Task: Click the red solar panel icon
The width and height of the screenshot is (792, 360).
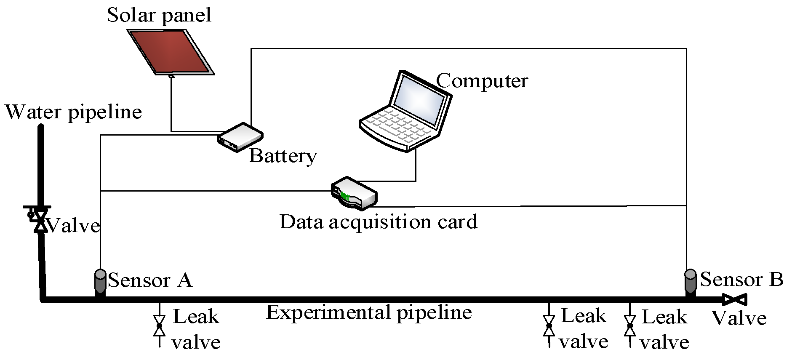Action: click(171, 51)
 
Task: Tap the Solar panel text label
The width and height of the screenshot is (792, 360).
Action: click(159, 15)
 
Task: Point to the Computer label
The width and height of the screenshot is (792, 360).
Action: click(482, 80)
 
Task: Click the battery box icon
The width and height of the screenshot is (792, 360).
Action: click(240, 137)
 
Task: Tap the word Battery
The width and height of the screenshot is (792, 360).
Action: click(283, 156)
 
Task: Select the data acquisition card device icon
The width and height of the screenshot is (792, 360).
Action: click(354, 193)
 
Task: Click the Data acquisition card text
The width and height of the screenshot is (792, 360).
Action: click(378, 221)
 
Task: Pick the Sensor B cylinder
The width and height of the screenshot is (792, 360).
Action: click(691, 281)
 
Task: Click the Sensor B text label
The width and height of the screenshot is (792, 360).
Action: click(741, 279)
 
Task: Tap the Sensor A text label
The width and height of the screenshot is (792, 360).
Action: click(149, 280)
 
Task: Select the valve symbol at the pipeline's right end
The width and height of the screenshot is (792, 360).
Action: click(735, 300)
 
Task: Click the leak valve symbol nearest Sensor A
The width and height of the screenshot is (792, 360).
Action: click(159, 325)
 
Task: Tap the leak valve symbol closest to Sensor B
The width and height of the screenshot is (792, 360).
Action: click(630, 325)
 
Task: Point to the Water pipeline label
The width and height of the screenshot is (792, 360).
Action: click(73, 112)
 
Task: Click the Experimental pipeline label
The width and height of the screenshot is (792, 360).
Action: click(369, 312)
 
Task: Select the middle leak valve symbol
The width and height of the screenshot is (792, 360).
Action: click(549, 325)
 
